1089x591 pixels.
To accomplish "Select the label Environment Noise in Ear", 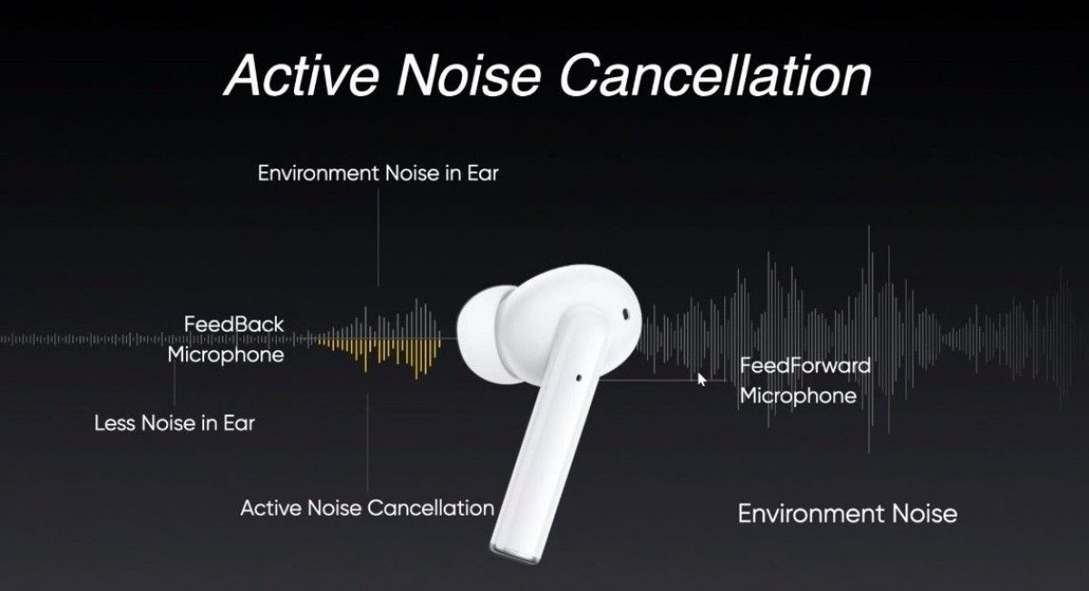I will click(x=378, y=173).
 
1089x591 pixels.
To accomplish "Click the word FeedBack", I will click(x=233, y=324).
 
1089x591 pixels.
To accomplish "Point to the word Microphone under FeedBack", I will click(x=225, y=354).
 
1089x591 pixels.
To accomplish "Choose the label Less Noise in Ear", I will click(x=174, y=422).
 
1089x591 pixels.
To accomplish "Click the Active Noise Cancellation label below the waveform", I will click(x=367, y=509).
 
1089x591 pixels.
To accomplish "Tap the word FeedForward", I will click(x=805, y=366).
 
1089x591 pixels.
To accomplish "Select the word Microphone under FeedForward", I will click(x=798, y=396).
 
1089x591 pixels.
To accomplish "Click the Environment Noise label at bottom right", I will click(x=847, y=514).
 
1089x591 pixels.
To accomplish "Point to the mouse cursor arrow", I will click(x=701, y=379).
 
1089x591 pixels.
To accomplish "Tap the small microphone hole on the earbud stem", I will click(x=579, y=372).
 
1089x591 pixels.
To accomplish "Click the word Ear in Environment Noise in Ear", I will click(x=482, y=173).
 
